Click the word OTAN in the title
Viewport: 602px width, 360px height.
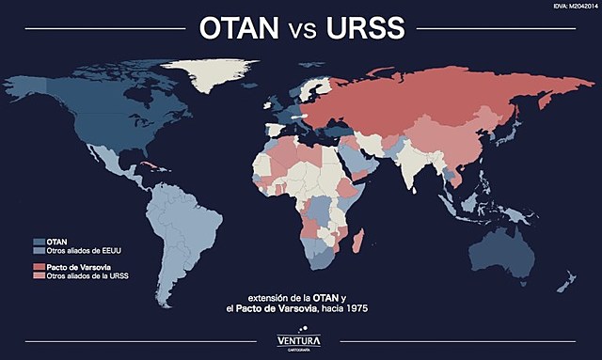click(x=240, y=28)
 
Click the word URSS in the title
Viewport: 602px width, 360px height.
click(x=365, y=28)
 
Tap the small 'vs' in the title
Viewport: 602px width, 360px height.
click(x=303, y=30)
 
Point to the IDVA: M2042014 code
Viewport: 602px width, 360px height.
click(x=569, y=7)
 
